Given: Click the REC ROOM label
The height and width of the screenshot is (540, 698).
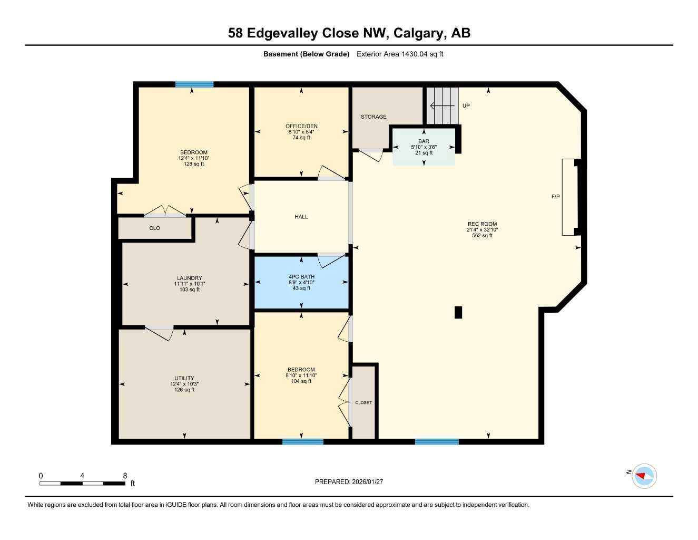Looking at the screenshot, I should pyautogui.click(x=481, y=224).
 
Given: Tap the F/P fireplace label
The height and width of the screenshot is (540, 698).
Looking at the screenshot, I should pyautogui.click(x=555, y=197).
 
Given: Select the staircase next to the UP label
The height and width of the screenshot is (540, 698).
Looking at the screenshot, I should pyautogui.click(x=443, y=105).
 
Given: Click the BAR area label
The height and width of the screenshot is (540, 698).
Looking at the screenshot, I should pyautogui.click(x=424, y=141).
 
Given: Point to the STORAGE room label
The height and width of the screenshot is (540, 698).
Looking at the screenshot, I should pyautogui.click(x=373, y=117).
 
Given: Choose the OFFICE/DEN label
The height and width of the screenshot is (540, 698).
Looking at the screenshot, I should pyautogui.click(x=301, y=126).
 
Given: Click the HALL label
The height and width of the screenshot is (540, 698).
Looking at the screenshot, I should pyautogui.click(x=301, y=217).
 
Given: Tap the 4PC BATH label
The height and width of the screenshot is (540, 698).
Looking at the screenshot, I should pyautogui.click(x=301, y=277).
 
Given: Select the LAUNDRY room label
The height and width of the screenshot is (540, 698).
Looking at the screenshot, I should pyautogui.click(x=189, y=278).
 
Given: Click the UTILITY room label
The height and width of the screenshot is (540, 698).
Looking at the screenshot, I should pyautogui.click(x=184, y=378).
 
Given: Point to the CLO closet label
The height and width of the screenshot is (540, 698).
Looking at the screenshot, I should pyautogui.click(x=154, y=228).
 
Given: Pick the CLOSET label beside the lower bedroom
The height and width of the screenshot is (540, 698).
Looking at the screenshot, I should pyautogui.click(x=363, y=402).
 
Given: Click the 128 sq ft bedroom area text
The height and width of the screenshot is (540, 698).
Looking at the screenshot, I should pyautogui.click(x=194, y=164).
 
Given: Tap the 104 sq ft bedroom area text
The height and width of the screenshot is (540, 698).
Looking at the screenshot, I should pyautogui.click(x=301, y=381).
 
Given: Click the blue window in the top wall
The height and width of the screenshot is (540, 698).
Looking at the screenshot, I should pyautogui.click(x=194, y=84).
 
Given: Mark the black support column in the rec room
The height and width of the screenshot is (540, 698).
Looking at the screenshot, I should pyautogui.click(x=458, y=312).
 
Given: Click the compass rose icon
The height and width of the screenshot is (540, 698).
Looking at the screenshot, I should pyautogui.click(x=644, y=476).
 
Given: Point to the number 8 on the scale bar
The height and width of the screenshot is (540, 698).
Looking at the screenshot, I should pyautogui.click(x=125, y=476).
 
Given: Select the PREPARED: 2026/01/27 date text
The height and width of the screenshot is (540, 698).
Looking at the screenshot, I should pyautogui.click(x=349, y=481).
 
